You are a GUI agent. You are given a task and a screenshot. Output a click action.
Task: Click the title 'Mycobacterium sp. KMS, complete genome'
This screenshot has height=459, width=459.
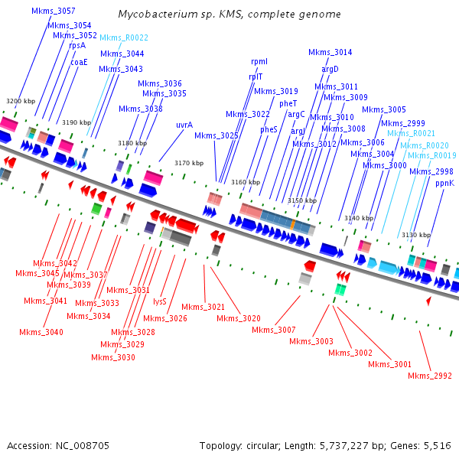(229, 15)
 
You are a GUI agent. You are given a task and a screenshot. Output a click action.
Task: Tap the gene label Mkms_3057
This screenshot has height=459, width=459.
(54, 11)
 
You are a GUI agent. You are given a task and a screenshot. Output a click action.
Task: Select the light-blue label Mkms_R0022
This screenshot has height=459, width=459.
(124, 37)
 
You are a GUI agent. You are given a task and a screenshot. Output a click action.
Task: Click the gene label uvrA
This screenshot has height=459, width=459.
(184, 124)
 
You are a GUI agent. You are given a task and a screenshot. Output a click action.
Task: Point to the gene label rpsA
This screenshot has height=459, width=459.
(77, 45)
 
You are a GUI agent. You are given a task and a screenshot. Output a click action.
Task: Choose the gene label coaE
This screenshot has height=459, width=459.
(79, 62)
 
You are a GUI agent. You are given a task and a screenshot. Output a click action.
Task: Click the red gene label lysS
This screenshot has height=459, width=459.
(160, 301)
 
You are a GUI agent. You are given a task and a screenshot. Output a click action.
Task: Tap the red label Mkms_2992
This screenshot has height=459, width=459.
(430, 376)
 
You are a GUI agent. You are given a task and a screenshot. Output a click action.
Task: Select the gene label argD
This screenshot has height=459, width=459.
(330, 69)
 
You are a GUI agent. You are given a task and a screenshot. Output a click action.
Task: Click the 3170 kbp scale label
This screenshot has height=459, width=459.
(189, 163)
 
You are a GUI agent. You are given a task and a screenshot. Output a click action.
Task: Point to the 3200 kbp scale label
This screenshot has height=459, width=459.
(21, 101)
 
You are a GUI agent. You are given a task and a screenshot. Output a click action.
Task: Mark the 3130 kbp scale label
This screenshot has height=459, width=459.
(416, 235)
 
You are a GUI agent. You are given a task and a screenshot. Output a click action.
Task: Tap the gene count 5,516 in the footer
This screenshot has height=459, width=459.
(435, 445)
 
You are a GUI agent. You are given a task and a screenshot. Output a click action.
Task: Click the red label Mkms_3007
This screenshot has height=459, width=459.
(273, 330)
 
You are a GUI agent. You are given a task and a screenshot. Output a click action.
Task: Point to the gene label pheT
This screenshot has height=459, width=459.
(288, 103)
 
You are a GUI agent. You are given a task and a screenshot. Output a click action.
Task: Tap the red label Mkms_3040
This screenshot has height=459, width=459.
(43, 332)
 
